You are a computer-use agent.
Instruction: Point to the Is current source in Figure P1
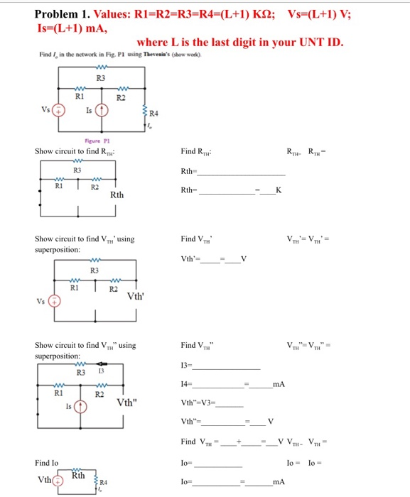103,111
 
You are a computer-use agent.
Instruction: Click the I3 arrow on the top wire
99,370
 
